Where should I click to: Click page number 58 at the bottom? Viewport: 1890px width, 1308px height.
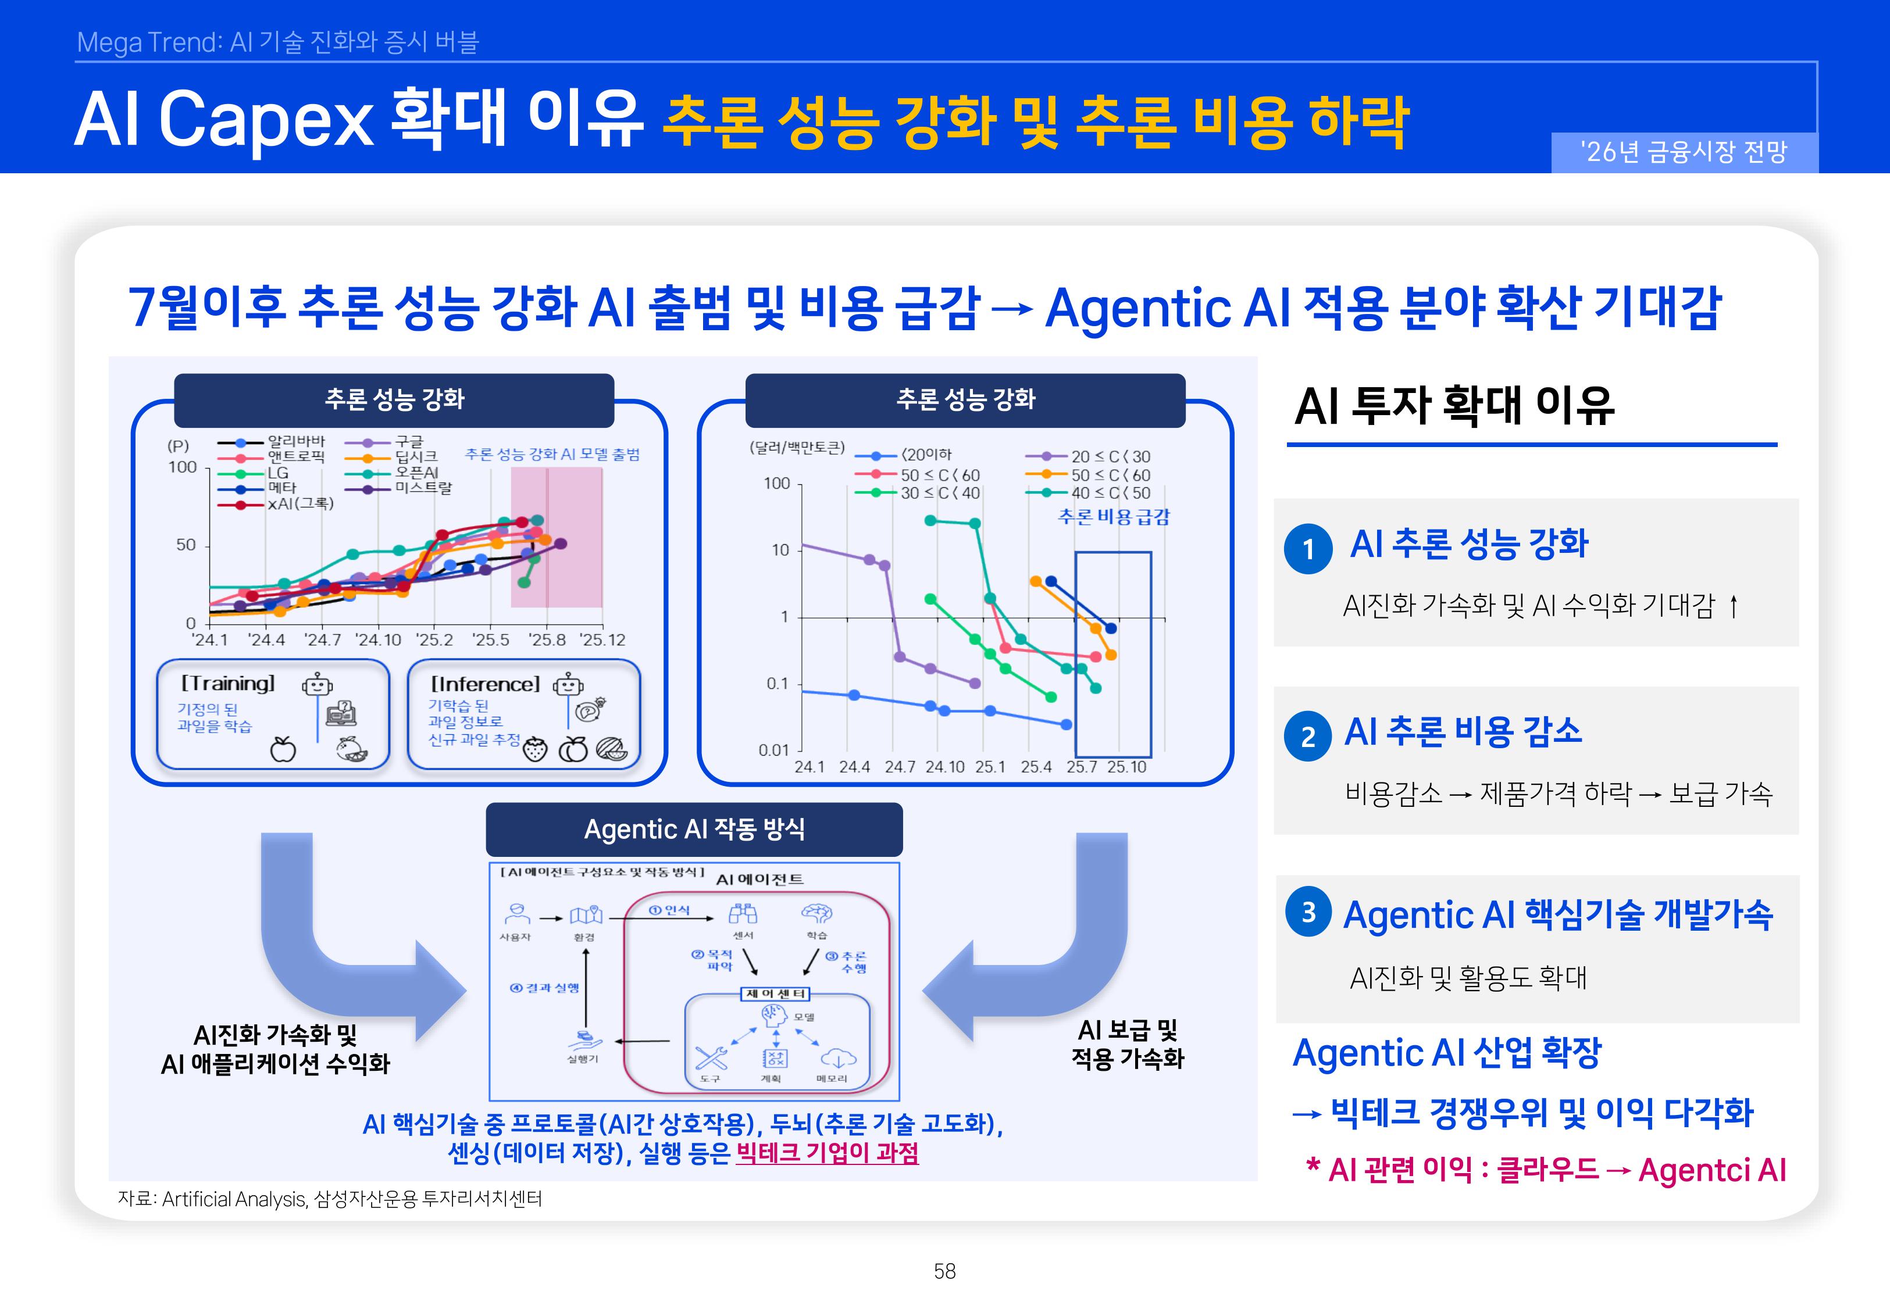(944, 1271)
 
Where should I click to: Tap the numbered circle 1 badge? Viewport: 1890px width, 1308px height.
(1308, 548)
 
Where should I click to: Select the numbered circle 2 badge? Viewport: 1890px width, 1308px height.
(1308, 736)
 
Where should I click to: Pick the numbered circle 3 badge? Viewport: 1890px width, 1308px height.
(1308, 912)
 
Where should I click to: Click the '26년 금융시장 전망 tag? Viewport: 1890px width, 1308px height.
(1684, 152)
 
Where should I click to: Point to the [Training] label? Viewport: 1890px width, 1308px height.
(228, 684)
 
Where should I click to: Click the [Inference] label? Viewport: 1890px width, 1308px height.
(485, 684)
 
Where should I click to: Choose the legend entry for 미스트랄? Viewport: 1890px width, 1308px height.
(423, 488)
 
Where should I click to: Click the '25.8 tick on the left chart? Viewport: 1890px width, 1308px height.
(547, 640)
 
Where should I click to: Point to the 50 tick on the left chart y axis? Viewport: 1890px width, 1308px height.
(186, 545)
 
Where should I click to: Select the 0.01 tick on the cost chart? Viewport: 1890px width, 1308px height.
(773, 750)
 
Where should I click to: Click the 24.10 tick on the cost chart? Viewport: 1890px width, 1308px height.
(945, 767)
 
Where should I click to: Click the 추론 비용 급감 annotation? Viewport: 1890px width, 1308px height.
(1114, 517)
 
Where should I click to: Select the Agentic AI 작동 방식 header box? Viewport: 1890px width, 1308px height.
(694, 830)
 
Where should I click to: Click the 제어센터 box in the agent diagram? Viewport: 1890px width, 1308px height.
(775, 994)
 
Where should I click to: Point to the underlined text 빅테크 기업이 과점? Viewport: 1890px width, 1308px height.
(827, 1153)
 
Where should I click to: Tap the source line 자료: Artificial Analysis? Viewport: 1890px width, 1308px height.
(330, 1199)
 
